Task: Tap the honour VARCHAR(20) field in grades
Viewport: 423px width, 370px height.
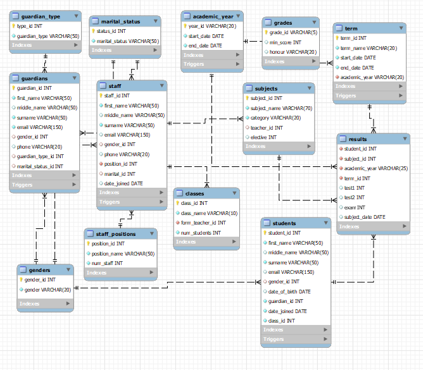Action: [293, 52]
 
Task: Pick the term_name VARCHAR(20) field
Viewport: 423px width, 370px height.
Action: [369, 48]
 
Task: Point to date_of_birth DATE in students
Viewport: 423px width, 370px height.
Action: [289, 292]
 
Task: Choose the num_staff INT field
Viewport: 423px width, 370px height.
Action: [108, 263]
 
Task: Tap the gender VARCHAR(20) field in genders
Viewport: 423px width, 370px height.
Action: [47, 290]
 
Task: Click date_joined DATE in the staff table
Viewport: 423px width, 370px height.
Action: [123, 183]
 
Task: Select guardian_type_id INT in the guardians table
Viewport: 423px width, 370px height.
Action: [41, 156]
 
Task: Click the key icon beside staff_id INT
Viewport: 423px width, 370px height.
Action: [101, 96]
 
